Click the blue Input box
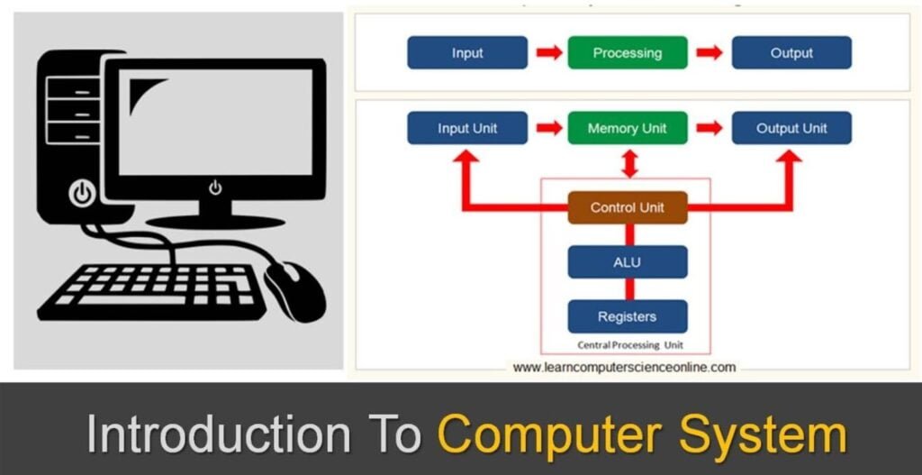pyautogui.click(x=467, y=53)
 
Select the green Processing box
pyautogui.click(x=628, y=53)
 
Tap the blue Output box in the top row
pyautogui.click(x=791, y=53)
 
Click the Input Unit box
pyautogui.click(x=467, y=128)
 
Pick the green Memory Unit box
pyautogui.click(x=628, y=128)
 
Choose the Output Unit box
pyautogui.click(x=791, y=128)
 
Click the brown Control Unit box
pyautogui.click(x=628, y=207)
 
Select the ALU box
pyautogui.click(x=628, y=262)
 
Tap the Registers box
pyautogui.click(x=628, y=316)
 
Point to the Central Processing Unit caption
pyautogui.click(x=628, y=345)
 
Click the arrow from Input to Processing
pyautogui.click(x=548, y=53)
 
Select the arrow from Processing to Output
pyautogui.click(x=710, y=53)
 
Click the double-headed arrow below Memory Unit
pyautogui.click(x=628, y=164)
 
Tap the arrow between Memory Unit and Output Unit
pyautogui.click(x=710, y=128)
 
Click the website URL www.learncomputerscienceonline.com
pyautogui.click(x=624, y=367)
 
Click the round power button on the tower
pyautogui.click(x=83, y=193)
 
